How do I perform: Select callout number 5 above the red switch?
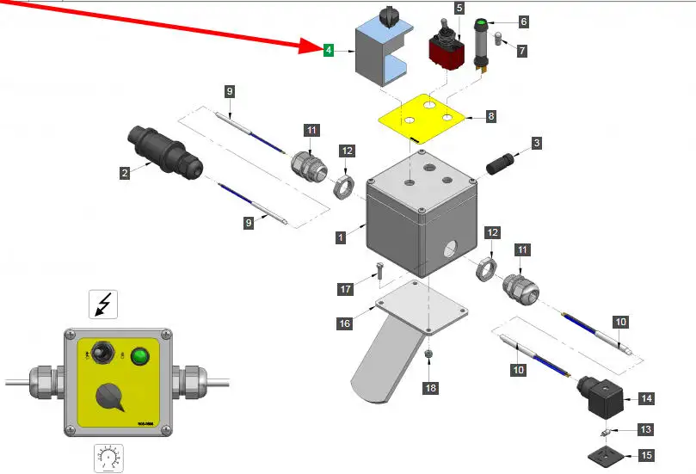(459, 8)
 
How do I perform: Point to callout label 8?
(490, 115)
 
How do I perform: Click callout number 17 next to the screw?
(346, 289)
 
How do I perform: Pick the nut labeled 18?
(428, 355)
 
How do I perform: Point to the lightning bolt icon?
(103, 305)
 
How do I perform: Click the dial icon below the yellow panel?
(108, 459)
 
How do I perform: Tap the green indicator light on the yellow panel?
(138, 358)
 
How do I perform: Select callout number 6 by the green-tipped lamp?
(523, 22)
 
